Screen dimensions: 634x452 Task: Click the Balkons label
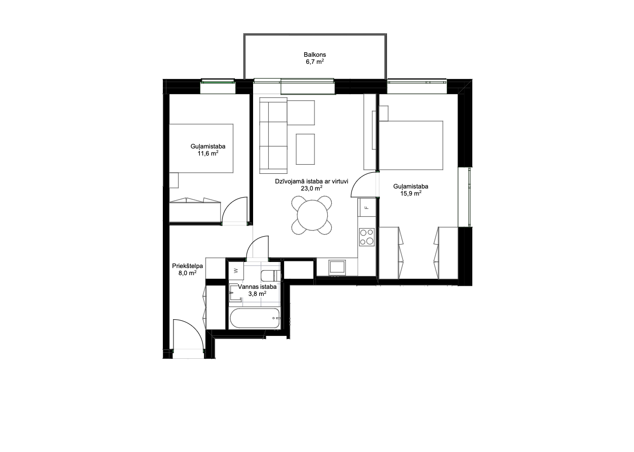(315, 55)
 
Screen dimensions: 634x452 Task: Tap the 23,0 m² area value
(311, 189)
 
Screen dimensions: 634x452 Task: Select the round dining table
(312, 215)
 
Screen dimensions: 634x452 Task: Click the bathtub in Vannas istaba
(255, 318)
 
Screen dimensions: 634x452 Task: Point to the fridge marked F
(367, 207)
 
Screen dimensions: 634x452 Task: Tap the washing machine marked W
(236, 271)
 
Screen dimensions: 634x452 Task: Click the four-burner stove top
(367, 237)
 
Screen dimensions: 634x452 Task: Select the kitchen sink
(337, 267)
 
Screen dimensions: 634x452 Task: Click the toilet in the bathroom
(270, 276)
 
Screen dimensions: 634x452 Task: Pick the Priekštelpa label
(187, 266)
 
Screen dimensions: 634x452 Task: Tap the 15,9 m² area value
(411, 194)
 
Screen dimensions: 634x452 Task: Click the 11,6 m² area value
(208, 154)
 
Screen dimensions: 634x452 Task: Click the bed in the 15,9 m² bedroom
(411, 145)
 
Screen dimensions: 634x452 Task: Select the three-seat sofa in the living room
(273, 135)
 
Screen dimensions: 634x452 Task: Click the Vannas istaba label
(257, 287)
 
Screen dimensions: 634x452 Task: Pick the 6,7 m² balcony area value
(315, 62)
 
